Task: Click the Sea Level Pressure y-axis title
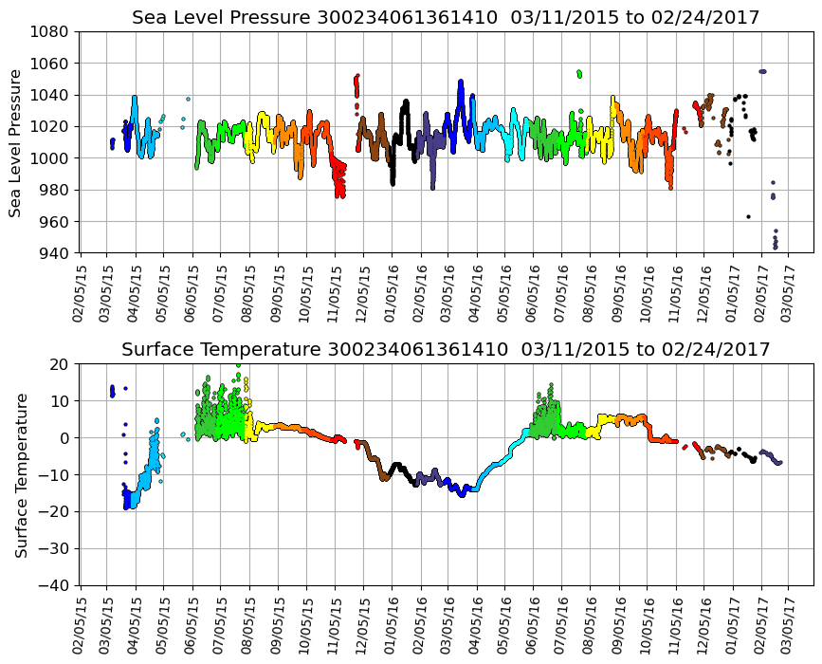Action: (x=16, y=142)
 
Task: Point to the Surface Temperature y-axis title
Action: (x=20, y=475)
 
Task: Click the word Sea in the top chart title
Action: (x=148, y=18)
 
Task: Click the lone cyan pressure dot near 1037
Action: (x=188, y=99)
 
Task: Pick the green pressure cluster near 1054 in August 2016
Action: (x=579, y=73)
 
